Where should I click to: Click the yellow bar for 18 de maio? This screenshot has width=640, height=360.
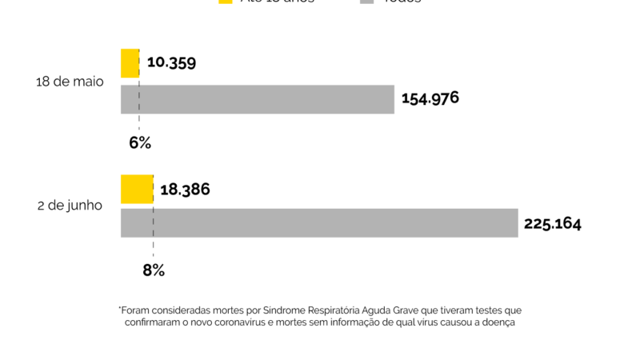click(130, 63)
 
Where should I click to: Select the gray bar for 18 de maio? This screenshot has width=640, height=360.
click(257, 99)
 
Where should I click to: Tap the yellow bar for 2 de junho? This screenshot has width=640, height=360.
click(136, 189)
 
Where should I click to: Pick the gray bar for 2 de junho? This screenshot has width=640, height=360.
click(319, 222)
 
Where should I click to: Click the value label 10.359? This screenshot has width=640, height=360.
click(171, 62)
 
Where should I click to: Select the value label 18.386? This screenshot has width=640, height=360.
click(185, 190)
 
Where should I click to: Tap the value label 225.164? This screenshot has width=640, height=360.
click(553, 223)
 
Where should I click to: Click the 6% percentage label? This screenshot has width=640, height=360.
click(140, 143)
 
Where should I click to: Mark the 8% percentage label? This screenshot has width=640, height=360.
click(154, 270)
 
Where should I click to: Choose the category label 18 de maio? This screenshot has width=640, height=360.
click(70, 82)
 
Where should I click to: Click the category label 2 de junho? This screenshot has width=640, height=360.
click(70, 206)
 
